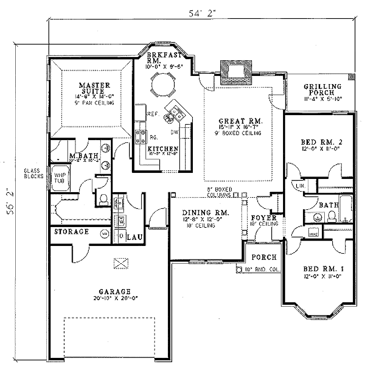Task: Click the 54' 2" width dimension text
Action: (202, 13)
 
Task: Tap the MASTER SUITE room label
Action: (94, 88)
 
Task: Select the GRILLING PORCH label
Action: (322, 89)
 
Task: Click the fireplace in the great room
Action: (235, 72)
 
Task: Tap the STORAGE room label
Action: (71, 232)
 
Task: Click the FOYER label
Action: (264, 217)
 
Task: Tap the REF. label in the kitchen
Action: (152, 114)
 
